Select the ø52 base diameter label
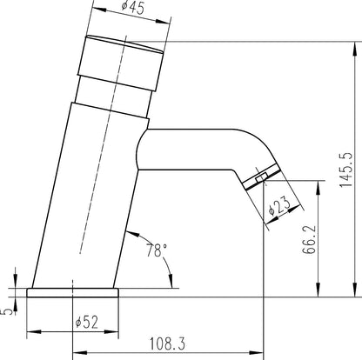pos(86,322)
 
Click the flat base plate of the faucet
pos(74,291)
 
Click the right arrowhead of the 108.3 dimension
pos(259,352)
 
